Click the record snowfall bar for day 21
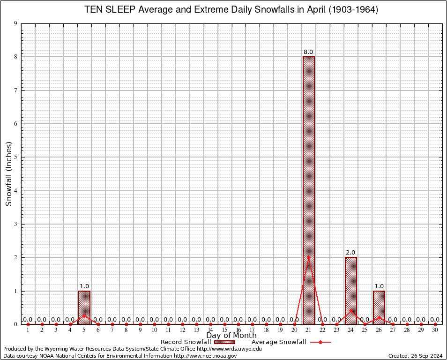(309, 187)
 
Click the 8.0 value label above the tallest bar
(308, 52)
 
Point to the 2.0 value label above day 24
(350, 253)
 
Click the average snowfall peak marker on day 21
(309, 257)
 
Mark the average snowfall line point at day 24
(351, 310)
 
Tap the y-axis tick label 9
(16, 23)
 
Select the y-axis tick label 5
(16, 157)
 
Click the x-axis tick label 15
(224, 330)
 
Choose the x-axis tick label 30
(435, 330)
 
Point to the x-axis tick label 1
(28, 330)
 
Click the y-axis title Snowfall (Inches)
(9, 173)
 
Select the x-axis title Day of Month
(231, 336)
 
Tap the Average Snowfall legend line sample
(320, 342)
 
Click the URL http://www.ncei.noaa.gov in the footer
(205, 356)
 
